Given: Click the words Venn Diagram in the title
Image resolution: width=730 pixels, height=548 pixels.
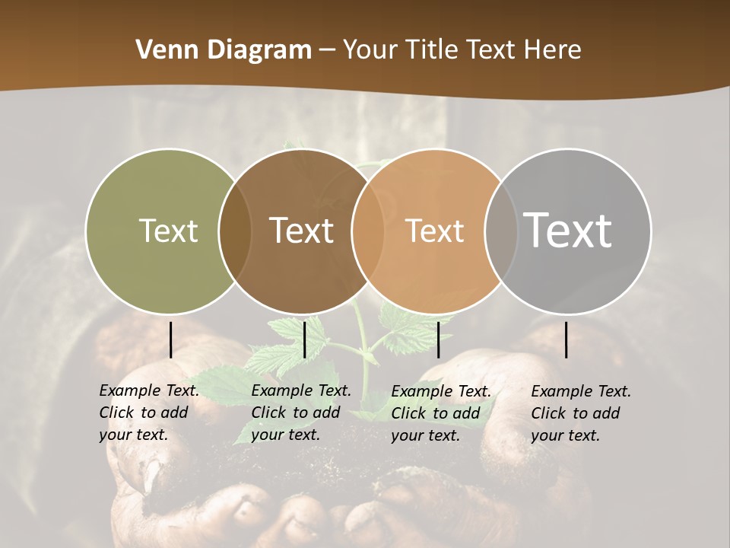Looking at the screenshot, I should [x=223, y=49].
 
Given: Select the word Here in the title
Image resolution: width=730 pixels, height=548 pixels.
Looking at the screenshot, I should [x=553, y=49].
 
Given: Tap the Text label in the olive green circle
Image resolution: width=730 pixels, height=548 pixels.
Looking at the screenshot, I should [x=168, y=231].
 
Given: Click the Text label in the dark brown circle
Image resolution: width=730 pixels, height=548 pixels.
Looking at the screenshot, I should [x=301, y=231].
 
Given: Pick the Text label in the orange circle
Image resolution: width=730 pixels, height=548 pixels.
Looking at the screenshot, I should [x=434, y=231].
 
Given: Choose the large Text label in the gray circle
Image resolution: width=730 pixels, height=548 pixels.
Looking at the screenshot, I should [x=567, y=230].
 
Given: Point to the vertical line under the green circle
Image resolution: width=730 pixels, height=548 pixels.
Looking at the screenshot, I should [x=171, y=339].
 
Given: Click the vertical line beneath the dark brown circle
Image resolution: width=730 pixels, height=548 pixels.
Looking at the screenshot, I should [x=304, y=339].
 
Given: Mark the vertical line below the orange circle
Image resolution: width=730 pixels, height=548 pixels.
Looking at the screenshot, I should [x=438, y=339].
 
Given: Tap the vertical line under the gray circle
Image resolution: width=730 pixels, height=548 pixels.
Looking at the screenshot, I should [x=567, y=339].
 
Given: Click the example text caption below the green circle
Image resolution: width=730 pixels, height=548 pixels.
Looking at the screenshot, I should [x=148, y=413].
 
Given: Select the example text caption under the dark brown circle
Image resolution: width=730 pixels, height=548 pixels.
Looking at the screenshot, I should [x=300, y=413].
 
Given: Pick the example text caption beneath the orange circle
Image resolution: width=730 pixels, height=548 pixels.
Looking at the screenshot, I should [x=440, y=413].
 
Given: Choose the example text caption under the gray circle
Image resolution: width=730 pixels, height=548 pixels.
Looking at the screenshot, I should [x=580, y=413].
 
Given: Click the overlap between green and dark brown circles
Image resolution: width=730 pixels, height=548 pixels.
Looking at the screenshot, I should [x=235, y=231].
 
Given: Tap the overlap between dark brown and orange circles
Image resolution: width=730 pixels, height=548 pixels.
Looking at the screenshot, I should [x=367, y=231].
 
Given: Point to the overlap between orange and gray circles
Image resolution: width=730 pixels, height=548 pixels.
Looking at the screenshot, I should [x=498, y=231].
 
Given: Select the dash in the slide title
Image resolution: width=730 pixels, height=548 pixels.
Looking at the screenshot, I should [x=327, y=49].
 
